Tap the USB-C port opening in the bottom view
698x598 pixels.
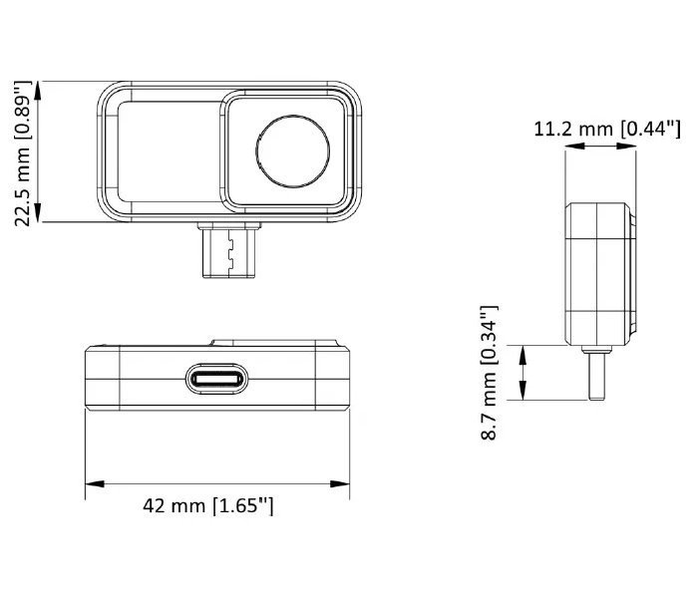pyautogui.click(x=216, y=379)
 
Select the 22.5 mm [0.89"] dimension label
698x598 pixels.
pyautogui.click(x=22, y=153)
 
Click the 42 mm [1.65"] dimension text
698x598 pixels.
pyautogui.click(x=207, y=506)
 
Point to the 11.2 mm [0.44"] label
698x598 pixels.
pyautogui.click(x=607, y=130)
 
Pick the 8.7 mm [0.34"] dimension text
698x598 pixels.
pyautogui.click(x=489, y=373)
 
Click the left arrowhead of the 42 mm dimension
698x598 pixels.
pyautogui.click(x=95, y=483)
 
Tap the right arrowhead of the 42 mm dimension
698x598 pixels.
pyautogui.click(x=340, y=483)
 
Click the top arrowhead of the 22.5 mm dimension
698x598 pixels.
pyautogui.click(x=38, y=91)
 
